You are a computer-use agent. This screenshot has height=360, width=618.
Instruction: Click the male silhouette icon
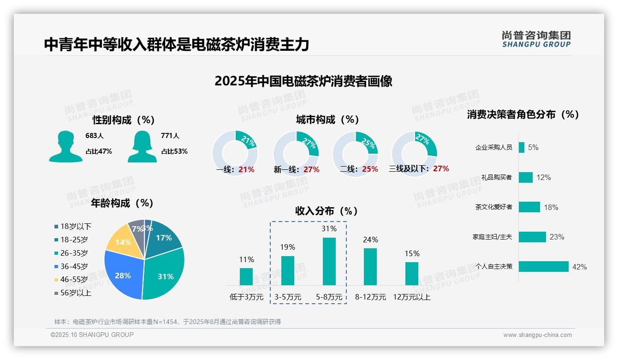point(65,146)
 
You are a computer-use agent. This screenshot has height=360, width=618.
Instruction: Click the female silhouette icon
point(142,146)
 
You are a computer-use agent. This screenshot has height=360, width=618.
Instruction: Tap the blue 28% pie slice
point(123,275)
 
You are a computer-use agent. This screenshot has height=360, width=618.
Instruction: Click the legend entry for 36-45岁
point(74,266)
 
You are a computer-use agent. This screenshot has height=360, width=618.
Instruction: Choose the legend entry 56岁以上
point(76,293)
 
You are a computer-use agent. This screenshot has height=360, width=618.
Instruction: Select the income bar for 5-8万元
point(329,261)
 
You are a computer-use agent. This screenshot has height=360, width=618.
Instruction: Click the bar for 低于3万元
point(246,276)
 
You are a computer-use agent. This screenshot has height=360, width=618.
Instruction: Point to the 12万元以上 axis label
point(412,297)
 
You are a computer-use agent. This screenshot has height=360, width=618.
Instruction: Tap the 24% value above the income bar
point(370,240)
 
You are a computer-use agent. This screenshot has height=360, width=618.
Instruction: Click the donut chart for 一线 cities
point(235,152)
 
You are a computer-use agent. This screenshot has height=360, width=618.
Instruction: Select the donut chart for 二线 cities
point(355,152)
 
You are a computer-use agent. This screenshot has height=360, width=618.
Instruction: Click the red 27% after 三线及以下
point(441,169)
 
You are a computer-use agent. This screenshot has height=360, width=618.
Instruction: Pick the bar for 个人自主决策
point(544,267)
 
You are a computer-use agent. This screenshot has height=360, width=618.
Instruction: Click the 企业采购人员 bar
point(522,147)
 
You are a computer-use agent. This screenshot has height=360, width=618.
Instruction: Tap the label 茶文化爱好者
point(493,207)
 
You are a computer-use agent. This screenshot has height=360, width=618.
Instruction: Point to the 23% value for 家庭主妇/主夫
point(557,237)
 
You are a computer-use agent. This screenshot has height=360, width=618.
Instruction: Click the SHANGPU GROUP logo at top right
point(536,39)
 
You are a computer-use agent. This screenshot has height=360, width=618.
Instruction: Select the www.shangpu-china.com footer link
point(537,335)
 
